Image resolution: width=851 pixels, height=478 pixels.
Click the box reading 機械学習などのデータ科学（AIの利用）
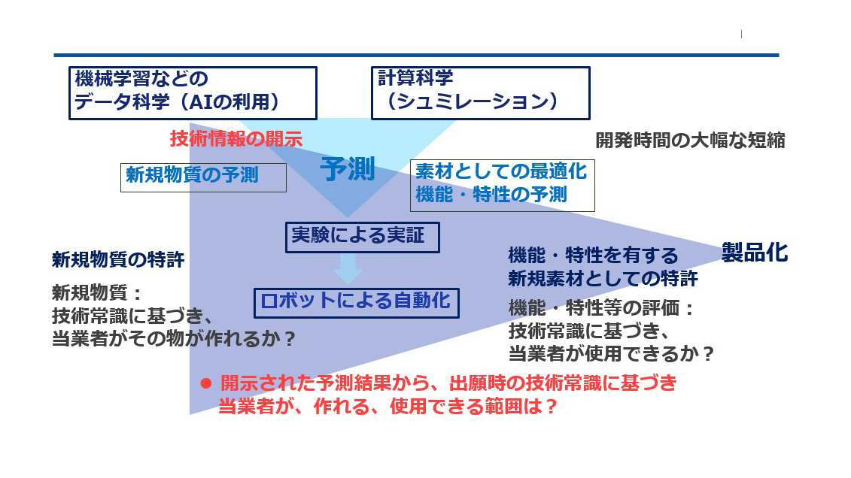click(x=193, y=93)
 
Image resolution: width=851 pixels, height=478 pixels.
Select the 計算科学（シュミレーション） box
click(x=479, y=93)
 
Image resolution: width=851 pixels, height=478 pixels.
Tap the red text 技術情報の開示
click(x=236, y=139)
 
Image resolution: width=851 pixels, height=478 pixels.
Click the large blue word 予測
click(x=347, y=170)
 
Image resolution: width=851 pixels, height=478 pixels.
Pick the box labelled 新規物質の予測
click(x=203, y=176)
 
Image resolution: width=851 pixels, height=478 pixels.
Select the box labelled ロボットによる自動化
click(x=356, y=302)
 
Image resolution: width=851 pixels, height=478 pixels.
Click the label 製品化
click(x=754, y=253)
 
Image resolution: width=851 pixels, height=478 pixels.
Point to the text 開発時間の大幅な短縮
click(x=690, y=141)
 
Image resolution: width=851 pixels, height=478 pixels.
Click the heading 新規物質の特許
click(x=118, y=260)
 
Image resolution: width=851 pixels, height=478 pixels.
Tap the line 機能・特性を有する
click(x=593, y=256)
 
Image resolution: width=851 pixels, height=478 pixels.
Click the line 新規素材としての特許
click(x=603, y=279)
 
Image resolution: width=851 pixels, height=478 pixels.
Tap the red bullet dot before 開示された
click(x=205, y=383)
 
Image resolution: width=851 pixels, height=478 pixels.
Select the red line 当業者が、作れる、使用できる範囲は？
click(x=388, y=407)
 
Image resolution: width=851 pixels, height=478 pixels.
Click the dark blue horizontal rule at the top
click(x=416, y=56)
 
